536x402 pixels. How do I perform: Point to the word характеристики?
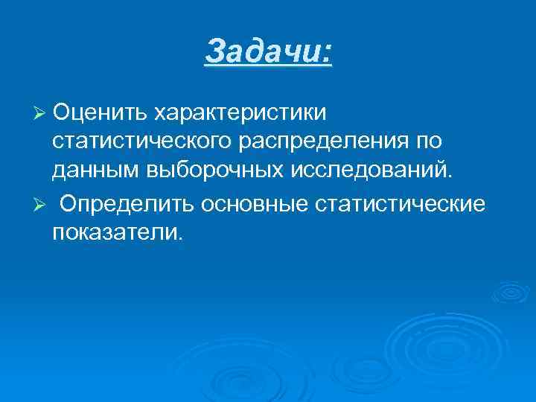coord(240,112)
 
